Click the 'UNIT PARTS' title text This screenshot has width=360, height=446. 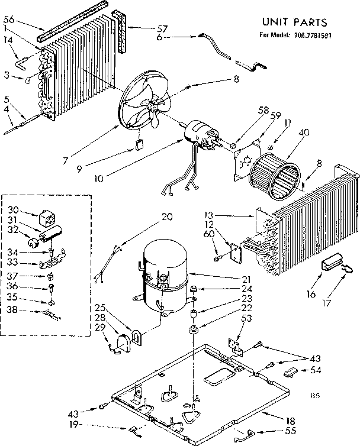point(294,22)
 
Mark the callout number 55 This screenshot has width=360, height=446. point(274,432)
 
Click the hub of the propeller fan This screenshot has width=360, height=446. point(156,106)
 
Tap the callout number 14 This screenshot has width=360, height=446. point(8,40)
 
